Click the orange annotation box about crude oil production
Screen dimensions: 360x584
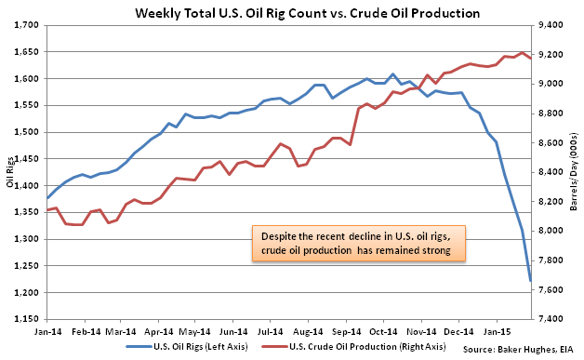(x=359, y=243)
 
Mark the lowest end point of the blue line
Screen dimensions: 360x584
(x=530, y=281)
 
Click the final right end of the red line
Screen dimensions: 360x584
(x=530, y=58)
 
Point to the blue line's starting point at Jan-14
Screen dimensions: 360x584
(x=47, y=198)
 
